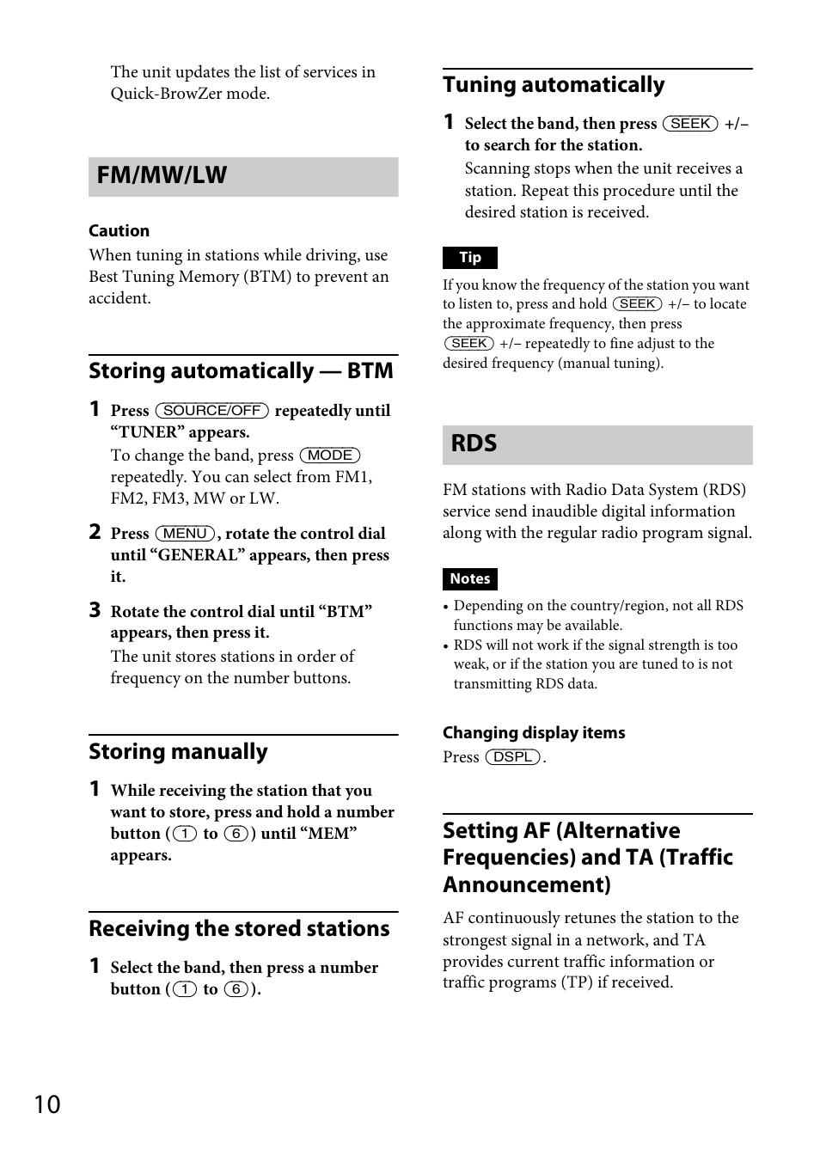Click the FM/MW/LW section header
pyautogui.click(x=162, y=176)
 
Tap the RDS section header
pyautogui.click(x=474, y=444)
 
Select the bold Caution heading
pyautogui.click(x=119, y=230)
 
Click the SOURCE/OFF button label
pyautogui.click(x=211, y=411)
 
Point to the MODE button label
pyautogui.click(x=329, y=456)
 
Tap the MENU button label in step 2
pyautogui.click(x=185, y=534)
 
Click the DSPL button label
pyautogui.click(x=513, y=757)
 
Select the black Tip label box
pyautogui.click(x=469, y=258)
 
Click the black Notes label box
pyautogui.click(x=469, y=579)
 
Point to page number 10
pyautogui.click(x=47, y=1104)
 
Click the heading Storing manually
pyautogui.click(x=178, y=752)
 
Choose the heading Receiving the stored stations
pyautogui.click(x=239, y=929)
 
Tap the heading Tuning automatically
pyautogui.click(x=554, y=85)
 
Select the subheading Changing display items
pyautogui.click(x=534, y=733)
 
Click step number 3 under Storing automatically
pyautogui.click(x=95, y=611)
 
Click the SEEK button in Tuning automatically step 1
pyautogui.click(x=690, y=124)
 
